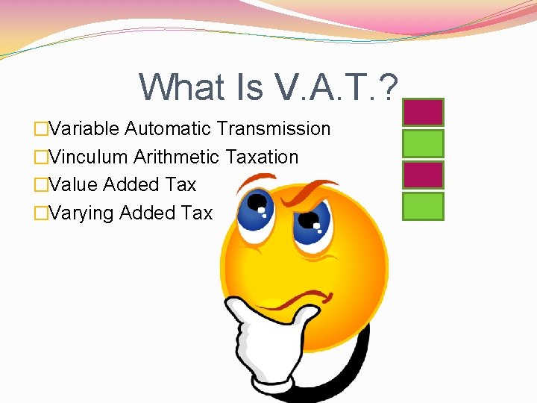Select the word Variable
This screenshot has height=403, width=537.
[84, 129]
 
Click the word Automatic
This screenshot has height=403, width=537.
[169, 129]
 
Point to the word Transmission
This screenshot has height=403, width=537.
[274, 129]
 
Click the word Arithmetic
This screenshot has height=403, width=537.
[176, 157]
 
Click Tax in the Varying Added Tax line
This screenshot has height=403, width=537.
[197, 213]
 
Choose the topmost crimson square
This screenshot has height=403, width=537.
[423, 112]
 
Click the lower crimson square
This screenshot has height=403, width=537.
[423, 175]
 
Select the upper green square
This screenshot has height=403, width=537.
[423, 143]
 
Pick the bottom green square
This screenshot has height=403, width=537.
[423, 206]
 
